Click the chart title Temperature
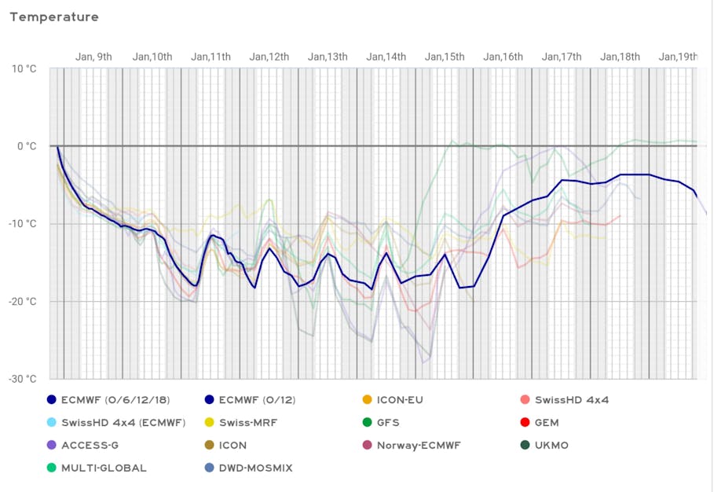click(x=54, y=17)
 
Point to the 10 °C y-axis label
click(x=24, y=68)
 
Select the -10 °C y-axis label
click(x=23, y=224)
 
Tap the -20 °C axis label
click(x=23, y=302)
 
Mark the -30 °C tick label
click(x=23, y=379)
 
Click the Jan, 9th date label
click(x=93, y=57)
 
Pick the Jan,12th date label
click(x=269, y=57)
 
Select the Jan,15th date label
click(x=445, y=57)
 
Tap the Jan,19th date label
click(x=678, y=57)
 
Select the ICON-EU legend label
click(x=399, y=400)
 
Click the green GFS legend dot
click(x=366, y=423)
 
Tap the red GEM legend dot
click(x=524, y=423)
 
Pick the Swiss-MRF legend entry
click(x=247, y=423)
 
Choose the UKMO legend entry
click(x=551, y=446)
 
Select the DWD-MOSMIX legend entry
click(x=255, y=468)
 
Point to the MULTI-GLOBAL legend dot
click(x=52, y=468)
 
